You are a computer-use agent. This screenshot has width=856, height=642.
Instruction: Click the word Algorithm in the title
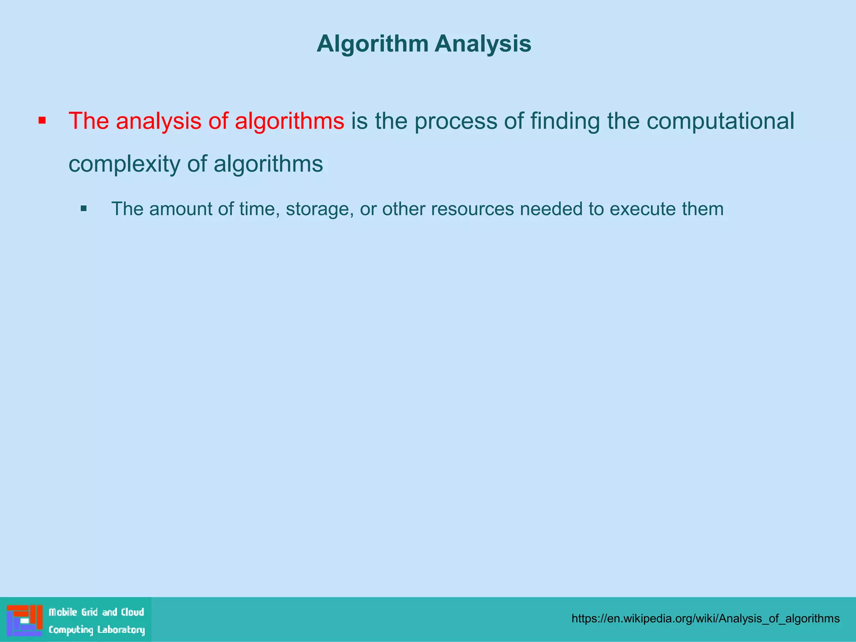coord(372,44)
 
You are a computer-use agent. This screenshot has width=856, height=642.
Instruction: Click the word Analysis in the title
coord(483,44)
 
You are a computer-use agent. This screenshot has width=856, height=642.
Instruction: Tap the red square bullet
coord(42,121)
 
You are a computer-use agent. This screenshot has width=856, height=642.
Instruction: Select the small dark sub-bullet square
coord(84,208)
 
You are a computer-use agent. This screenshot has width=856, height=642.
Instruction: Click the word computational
coord(720,121)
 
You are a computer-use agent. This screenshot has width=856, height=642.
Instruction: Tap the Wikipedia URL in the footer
coord(706,619)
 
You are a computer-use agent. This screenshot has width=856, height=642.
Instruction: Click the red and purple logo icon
coord(25,620)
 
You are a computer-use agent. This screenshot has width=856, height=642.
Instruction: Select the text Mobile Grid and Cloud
coord(96,612)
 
